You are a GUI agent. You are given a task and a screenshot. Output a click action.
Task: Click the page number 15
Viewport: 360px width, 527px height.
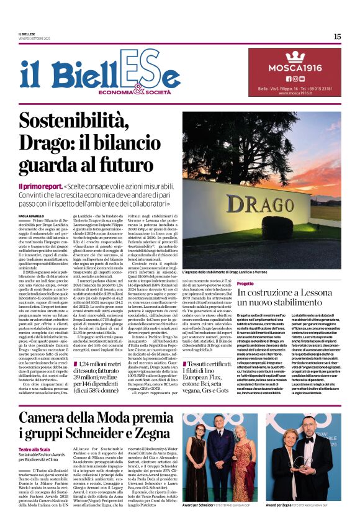tap(337, 37)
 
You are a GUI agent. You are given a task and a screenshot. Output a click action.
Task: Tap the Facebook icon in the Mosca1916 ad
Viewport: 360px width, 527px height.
tap(288, 79)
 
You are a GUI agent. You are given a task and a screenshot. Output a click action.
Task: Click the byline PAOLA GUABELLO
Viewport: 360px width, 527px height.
tap(32, 215)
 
